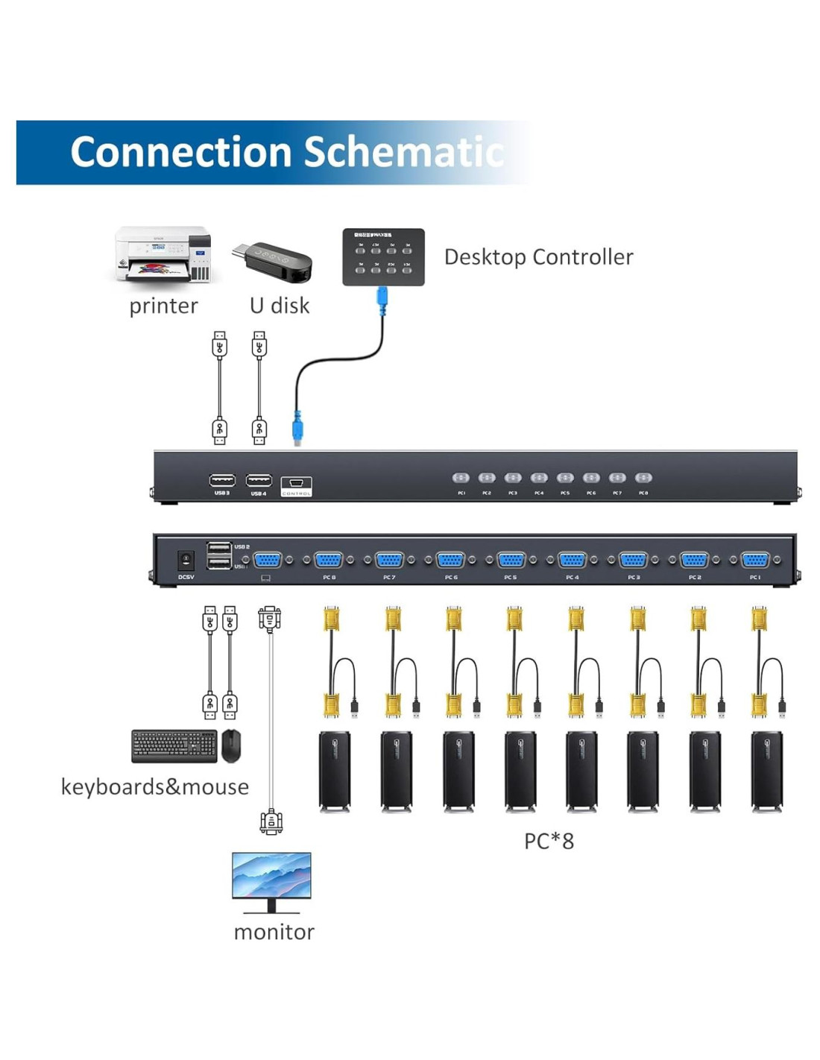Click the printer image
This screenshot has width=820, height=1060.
pos(163,255)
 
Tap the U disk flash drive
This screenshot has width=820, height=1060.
pos(273,260)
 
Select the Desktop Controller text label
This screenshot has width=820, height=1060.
pos(538,257)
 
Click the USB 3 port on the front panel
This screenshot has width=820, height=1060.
pos(222,480)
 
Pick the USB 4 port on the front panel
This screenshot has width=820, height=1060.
pos(259,480)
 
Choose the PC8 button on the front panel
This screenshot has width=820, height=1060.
pos(643,478)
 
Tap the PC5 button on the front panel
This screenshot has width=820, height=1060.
pos(565,478)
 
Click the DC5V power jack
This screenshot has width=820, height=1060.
pos(186,560)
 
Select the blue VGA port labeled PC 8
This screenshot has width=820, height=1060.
pos(329,560)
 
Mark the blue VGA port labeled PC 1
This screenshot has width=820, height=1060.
pos(755,560)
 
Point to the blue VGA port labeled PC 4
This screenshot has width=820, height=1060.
pos(572,560)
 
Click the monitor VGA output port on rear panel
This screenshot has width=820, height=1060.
pos(268,560)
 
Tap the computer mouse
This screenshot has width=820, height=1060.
pos(231,745)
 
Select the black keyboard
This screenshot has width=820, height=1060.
pos(174,745)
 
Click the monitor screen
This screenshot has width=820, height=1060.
pos(271,876)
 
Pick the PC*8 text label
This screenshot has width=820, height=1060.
pos(549,842)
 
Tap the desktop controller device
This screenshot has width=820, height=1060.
pos(383,256)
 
